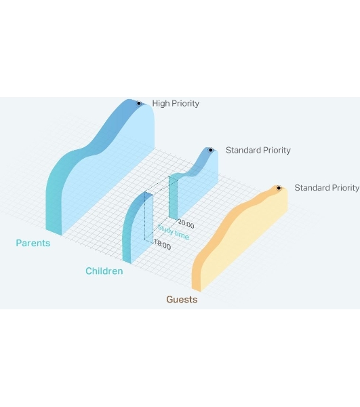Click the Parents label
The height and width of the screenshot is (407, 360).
click(x=33, y=244)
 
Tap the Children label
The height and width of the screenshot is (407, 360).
click(x=104, y=271)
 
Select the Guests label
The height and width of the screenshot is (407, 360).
click(x=182, y=300)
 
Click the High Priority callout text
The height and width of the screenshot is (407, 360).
click(x=176, y=104)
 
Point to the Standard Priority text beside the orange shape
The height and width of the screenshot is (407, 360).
click(x=327, y=188)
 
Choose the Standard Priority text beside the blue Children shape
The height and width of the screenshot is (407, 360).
click(x=258, y=151)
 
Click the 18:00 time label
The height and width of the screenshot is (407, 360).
click(x=163, y=244)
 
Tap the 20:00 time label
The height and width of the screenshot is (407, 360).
click(x=186, y=224)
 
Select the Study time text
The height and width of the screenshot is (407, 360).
click(x=174, y=232)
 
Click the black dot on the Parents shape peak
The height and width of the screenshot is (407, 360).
click(x=139, y=103)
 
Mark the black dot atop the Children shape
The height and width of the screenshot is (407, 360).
click(x=211, y=150)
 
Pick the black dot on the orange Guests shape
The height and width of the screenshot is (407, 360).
click(x=279, y=188)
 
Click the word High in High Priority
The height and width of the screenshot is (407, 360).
click(x=161, y=104)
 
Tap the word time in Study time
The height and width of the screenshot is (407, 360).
click(x=182, y=235)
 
